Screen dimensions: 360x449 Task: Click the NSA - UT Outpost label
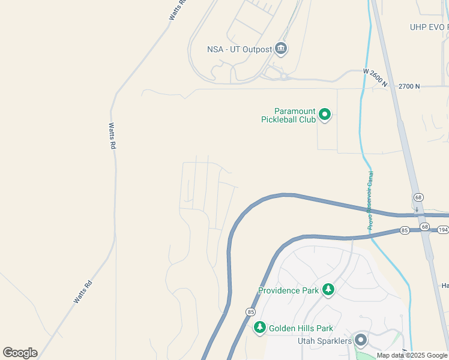240,49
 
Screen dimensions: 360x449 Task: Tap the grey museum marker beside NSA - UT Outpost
281,49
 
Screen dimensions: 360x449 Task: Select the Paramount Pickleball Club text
288,115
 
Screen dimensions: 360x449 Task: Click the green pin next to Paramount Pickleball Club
325,113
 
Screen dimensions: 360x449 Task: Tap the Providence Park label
288,290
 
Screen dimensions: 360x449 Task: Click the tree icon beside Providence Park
328,290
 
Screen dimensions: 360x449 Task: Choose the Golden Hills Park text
301,328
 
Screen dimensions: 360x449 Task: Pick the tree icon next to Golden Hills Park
260,328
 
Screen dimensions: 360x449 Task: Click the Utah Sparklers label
325,341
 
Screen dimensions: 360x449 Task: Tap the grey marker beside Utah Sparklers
361,340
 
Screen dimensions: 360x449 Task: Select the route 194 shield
444,230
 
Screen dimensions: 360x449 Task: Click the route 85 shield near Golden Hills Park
250,312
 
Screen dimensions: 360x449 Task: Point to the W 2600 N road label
375,77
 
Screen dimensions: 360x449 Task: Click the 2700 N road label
409,86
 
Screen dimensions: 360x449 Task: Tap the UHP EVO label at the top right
429,27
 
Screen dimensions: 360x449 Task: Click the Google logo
20,353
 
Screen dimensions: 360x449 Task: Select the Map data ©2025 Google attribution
412,355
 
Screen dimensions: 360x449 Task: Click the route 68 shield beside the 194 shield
425,227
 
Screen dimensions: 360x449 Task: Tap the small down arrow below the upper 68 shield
417,209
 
